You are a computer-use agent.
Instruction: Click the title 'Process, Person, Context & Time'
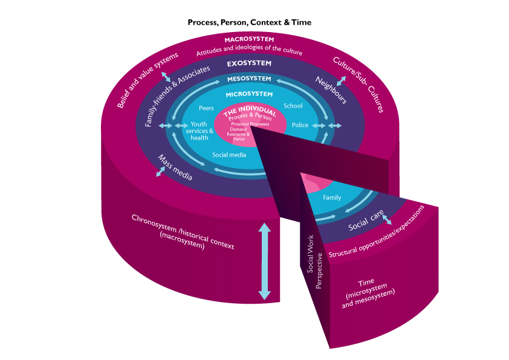249,22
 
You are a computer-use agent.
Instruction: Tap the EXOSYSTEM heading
249,63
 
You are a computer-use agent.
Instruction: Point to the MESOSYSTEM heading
249,79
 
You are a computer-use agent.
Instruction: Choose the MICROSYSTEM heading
249,94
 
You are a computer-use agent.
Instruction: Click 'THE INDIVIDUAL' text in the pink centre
250,113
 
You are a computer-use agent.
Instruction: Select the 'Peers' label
206,108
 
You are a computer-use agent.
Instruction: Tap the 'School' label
293,106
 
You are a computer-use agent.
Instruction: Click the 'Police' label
300,125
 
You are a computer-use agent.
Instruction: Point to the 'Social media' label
229,155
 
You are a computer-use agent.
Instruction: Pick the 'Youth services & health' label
201,131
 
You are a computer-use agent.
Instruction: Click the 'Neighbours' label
331,90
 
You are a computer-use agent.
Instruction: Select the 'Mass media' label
175,168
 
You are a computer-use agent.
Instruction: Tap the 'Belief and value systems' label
148,80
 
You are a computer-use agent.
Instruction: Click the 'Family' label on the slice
332,197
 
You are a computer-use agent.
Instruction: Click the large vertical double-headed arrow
264,261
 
